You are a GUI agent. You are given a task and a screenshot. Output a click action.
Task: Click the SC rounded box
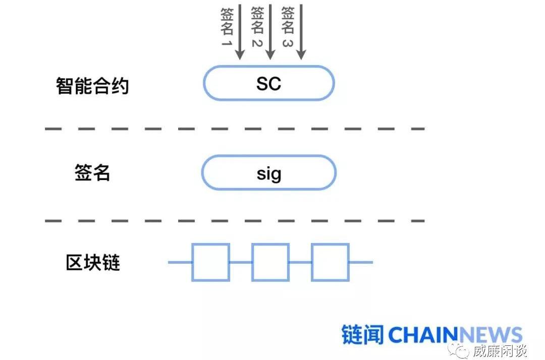click(x=268, y=83)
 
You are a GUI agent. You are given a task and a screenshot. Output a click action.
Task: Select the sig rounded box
click(x=268, y=173)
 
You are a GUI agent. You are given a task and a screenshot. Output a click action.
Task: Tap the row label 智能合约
click(x=92, y=86)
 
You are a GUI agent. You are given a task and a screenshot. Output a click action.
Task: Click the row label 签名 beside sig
click(x=92, y=173)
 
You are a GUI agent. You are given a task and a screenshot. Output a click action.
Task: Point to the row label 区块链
click(x=93, y=263)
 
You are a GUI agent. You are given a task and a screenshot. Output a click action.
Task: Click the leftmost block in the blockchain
click(x=210, y=262)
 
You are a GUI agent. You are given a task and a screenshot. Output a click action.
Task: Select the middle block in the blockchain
click(x=270, y=262)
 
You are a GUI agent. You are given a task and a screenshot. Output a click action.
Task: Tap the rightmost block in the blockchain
click(x=330, y=262)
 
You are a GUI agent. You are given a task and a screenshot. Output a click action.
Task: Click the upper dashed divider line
click(x=235, y=129)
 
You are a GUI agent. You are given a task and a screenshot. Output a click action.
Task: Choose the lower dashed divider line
click(x=235, y=221)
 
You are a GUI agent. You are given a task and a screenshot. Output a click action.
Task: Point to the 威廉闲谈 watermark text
click(x=500, y=350)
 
